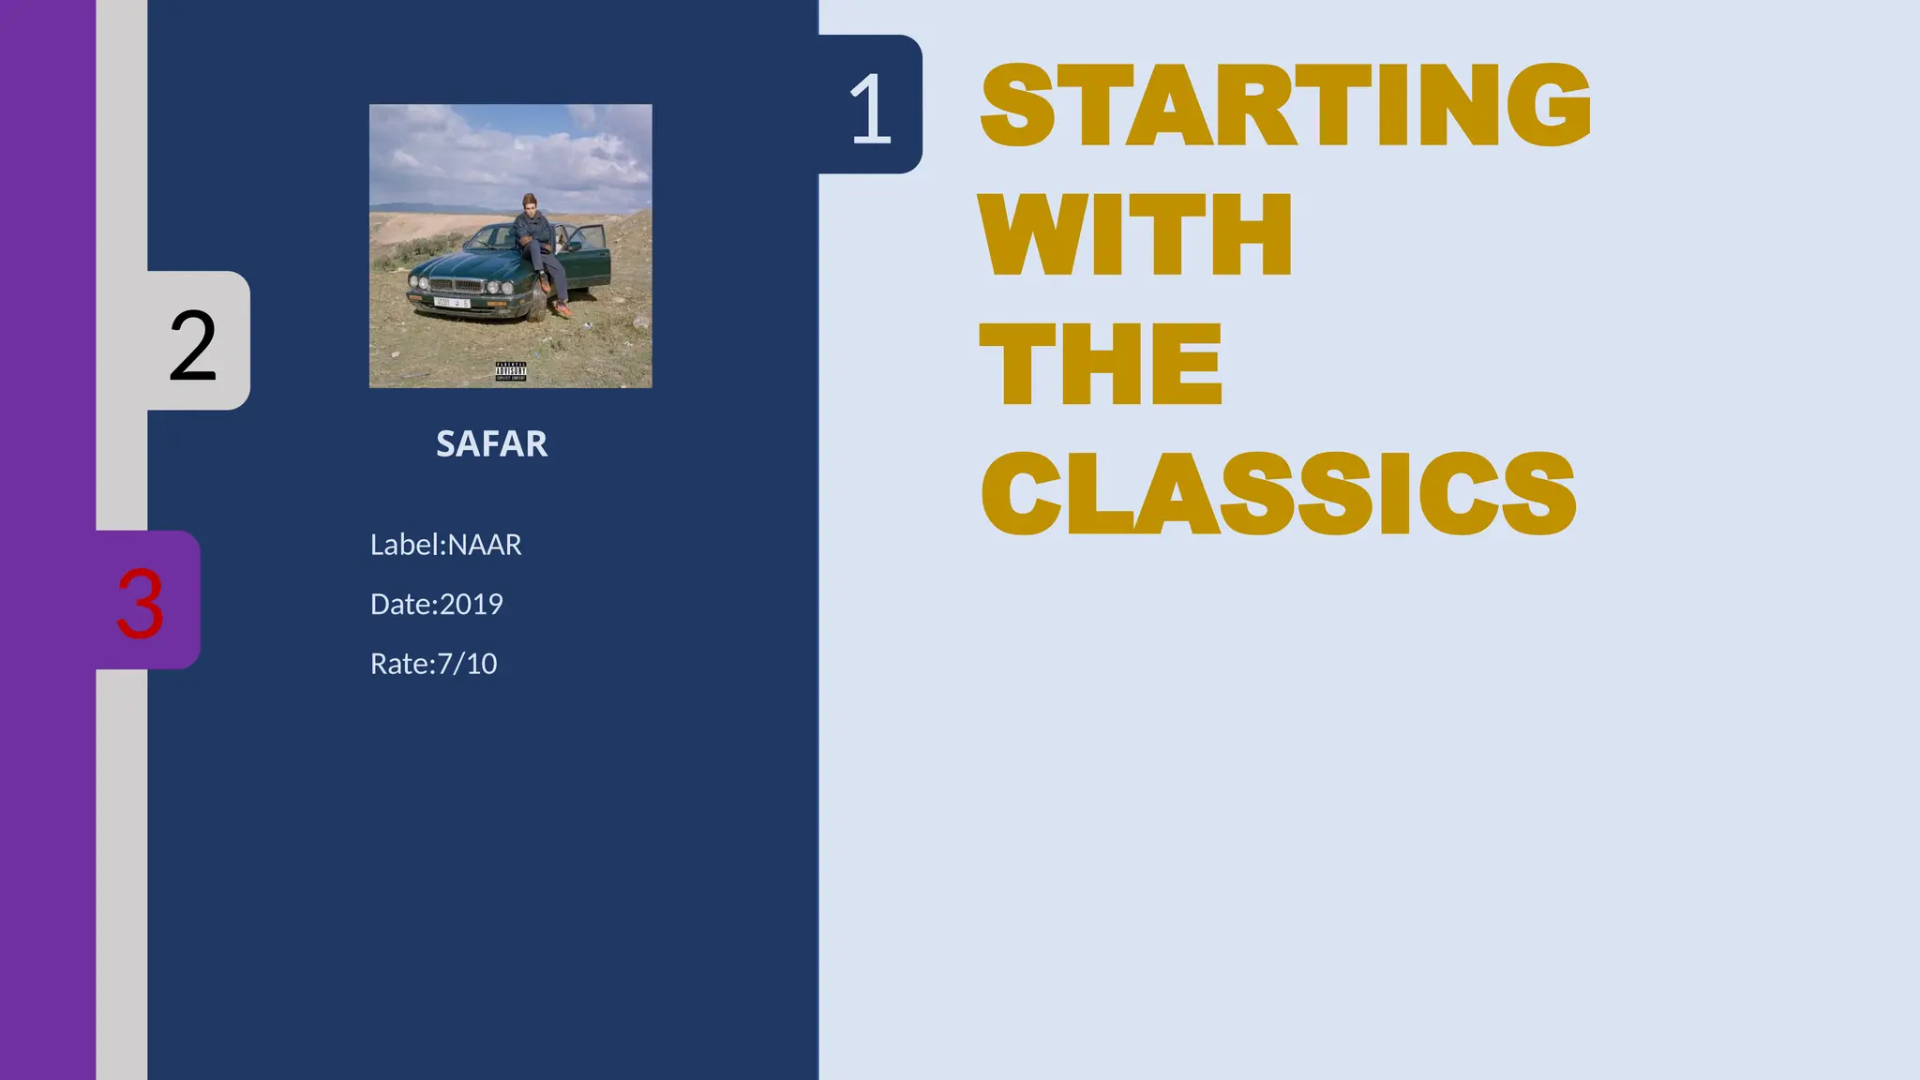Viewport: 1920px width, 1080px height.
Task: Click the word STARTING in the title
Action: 1284,105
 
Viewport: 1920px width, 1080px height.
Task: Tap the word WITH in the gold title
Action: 1135,234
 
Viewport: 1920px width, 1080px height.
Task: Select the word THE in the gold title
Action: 1101,364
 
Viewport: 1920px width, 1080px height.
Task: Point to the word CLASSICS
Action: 1278,493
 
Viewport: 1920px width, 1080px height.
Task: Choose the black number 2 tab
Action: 193,345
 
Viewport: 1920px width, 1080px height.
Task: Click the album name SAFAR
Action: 491,444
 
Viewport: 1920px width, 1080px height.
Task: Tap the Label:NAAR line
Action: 445,545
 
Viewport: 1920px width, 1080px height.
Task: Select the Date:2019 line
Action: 436,605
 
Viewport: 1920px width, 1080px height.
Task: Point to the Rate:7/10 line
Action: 433,664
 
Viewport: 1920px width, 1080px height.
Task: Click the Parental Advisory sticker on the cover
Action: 511,371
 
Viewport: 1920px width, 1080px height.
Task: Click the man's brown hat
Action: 530,199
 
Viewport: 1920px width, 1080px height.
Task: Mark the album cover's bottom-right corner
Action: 650,385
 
